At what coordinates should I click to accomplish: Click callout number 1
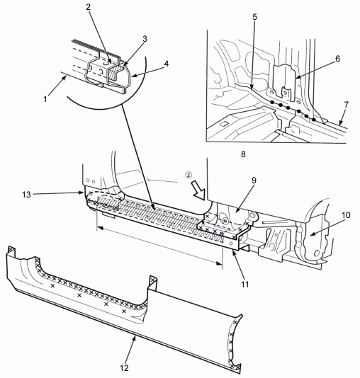[45, 99]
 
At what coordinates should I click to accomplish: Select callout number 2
[89, 7]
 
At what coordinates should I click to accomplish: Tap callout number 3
[145, 39]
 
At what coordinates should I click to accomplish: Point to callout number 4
[166, 64]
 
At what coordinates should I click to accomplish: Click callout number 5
[255, 17]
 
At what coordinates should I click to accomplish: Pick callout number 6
[337, 59]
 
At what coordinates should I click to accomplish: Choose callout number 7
[347, 105]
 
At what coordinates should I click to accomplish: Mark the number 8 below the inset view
[243, 154]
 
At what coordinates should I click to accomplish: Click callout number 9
[254, 181]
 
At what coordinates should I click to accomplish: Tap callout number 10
[346, 215]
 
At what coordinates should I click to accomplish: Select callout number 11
[245, 285]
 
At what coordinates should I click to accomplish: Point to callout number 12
[124, 368]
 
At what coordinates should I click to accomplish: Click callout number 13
[26, 195]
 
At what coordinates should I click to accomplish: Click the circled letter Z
[189, 175]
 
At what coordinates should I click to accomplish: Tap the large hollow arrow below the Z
[198, 190]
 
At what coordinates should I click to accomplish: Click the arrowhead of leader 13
[81, 193]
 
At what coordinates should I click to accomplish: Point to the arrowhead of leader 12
[135, 338]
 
